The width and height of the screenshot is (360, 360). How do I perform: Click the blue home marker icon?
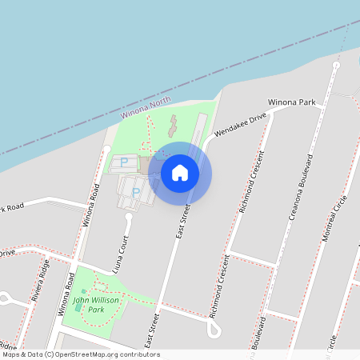click(x=180, y=172)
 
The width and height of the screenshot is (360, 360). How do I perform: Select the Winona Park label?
click(x=292, y=103)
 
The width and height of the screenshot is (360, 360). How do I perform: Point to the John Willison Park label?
click(x=96, y=304)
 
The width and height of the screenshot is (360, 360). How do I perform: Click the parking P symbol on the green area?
click(x=124, y=162)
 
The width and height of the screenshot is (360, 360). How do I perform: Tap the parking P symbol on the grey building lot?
click(x=135, y=192)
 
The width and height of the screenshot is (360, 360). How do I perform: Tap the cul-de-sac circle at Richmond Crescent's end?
click(x=214, y=331)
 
